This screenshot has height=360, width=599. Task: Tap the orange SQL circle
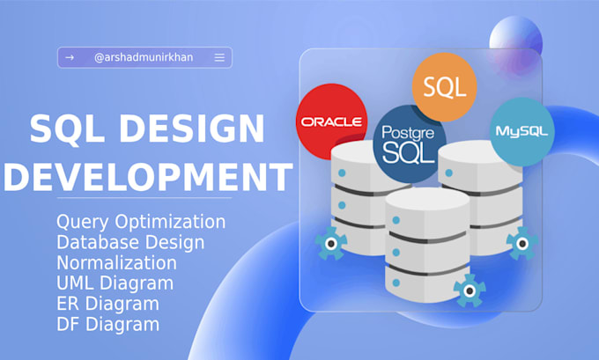click(445, 86)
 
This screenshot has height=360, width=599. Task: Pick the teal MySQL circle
click(521, 131)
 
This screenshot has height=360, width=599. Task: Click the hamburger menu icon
click(219, 58)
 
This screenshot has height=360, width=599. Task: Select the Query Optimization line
click(140, 221)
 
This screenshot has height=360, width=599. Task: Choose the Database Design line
click(129, 242)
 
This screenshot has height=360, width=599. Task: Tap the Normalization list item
click(115, 262)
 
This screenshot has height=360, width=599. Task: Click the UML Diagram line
click(115, 283)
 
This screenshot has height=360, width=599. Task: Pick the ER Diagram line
click(107, 304)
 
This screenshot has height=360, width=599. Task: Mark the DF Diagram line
click(107, 324)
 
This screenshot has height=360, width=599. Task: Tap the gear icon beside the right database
click(522, 242)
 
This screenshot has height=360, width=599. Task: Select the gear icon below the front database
click(470, 288)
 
